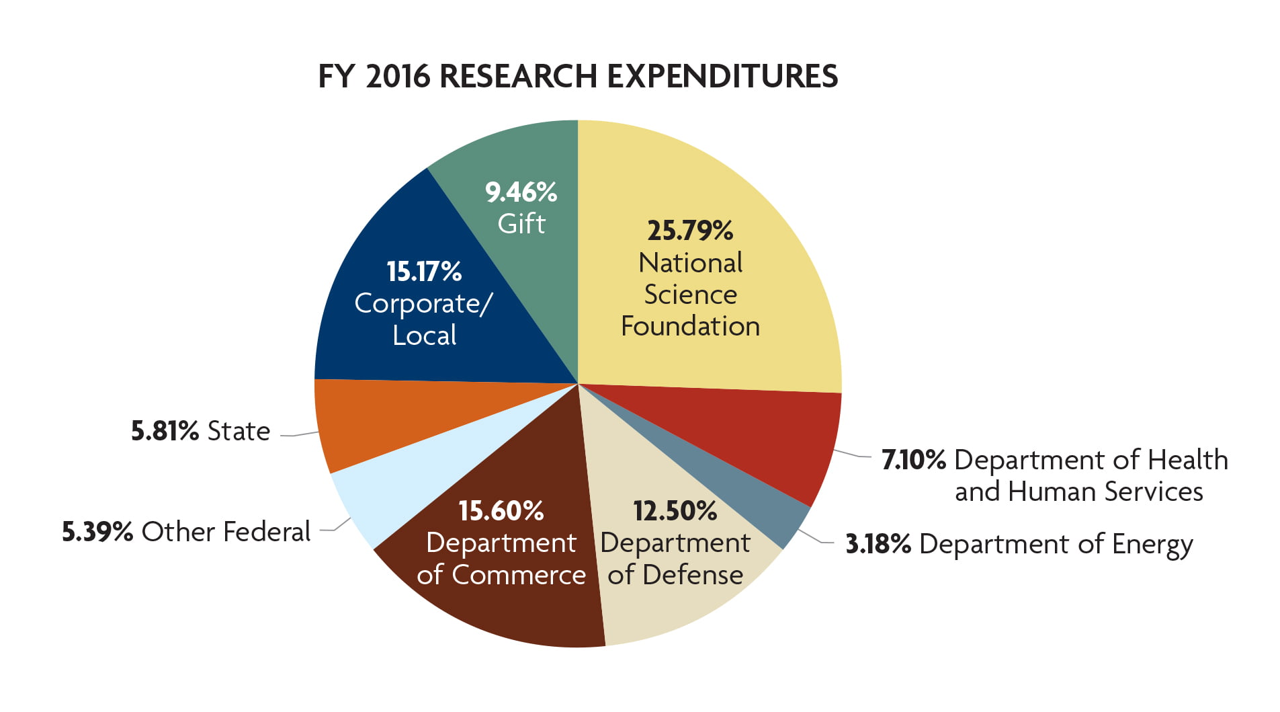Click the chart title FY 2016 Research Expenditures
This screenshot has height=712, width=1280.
[x=578, y=76]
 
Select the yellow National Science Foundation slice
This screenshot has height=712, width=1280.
[x=739, y=202]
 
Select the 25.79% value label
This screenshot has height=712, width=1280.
[x=690, y=231]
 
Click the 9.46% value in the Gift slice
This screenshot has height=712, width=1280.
[x=521, y=192]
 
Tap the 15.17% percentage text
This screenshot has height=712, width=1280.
[x=424, y=272]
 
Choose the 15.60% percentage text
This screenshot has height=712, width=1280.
[x=501, y=511]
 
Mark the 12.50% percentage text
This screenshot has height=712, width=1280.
[x=675, y=511]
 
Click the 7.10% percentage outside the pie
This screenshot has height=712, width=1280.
[x=913, y=460]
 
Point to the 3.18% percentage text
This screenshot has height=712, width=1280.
[x=878, y=544]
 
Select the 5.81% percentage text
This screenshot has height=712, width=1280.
[x=165, y=431]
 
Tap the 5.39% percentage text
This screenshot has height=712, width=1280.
[x=97, y=532]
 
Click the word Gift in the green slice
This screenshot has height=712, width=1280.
[x=521, y=224]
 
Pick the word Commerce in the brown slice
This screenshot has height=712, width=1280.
[x=519, y=576]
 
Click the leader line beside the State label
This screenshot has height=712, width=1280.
[x=300, y=434]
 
